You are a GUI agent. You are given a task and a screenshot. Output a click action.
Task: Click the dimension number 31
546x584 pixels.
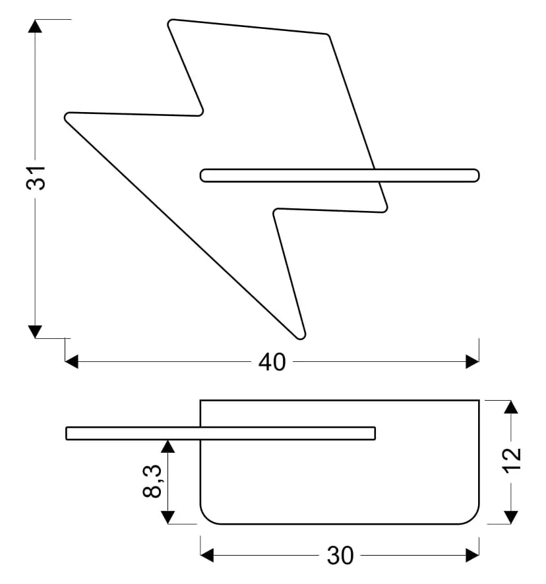click(36, 178)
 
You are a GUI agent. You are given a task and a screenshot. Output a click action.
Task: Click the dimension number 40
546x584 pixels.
click(272, 362)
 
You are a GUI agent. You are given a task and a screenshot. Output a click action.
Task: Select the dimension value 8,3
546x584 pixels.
click(152, 481)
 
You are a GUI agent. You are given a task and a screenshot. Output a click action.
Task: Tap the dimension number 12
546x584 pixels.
click(512, 461)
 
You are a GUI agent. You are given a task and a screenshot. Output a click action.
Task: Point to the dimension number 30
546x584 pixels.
click(340, 556)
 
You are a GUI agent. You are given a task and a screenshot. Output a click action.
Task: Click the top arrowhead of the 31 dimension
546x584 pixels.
click(35, 26)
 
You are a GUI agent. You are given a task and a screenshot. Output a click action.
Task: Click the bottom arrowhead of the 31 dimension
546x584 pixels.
click(35, 332)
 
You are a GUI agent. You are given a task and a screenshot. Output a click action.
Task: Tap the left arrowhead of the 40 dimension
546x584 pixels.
click(72, 362)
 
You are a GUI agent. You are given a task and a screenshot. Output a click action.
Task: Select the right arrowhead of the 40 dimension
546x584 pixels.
click(472, 362)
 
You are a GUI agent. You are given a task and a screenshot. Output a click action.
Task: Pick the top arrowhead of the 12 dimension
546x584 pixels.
click(510, 407)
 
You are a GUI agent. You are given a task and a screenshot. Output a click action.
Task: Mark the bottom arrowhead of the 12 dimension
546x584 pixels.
click(510, 517)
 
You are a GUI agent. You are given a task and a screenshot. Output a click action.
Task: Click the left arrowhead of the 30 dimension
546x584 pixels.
click(207, 555)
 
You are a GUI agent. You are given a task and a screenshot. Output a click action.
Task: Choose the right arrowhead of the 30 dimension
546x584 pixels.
click(472, 555)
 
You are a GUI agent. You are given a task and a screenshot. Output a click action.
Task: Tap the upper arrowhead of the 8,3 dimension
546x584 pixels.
click(167, 446)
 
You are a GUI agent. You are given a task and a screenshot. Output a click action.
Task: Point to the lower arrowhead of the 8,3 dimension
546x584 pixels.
click(167, 517)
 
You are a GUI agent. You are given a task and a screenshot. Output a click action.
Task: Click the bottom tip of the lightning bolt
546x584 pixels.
click(301, 339)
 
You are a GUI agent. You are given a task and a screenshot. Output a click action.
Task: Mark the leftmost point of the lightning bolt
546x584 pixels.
click(65, 117)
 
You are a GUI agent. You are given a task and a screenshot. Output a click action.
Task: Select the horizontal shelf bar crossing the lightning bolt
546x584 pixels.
click(340, 175)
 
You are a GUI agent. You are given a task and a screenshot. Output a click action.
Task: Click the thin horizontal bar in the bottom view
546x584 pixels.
click(221, 434)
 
